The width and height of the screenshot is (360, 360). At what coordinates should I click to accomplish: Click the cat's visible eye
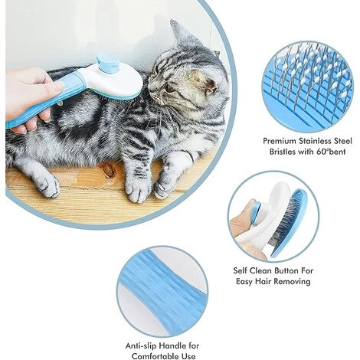point(169,88)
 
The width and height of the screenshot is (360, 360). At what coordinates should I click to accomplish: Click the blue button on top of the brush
point(108,63)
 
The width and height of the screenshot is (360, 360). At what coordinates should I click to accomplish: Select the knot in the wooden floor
point(108,170)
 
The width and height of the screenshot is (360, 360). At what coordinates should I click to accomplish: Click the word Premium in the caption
point(280,141)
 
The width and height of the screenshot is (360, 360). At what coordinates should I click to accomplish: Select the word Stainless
point(315,141)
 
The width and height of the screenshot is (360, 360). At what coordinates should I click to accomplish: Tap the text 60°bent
point(331,152)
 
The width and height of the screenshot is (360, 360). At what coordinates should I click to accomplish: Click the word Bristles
point(283,152)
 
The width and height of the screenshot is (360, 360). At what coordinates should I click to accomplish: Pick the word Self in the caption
point(240,270)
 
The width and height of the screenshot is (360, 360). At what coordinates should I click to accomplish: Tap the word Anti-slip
point(141,346)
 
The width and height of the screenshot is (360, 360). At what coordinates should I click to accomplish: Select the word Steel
point(343,141)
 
